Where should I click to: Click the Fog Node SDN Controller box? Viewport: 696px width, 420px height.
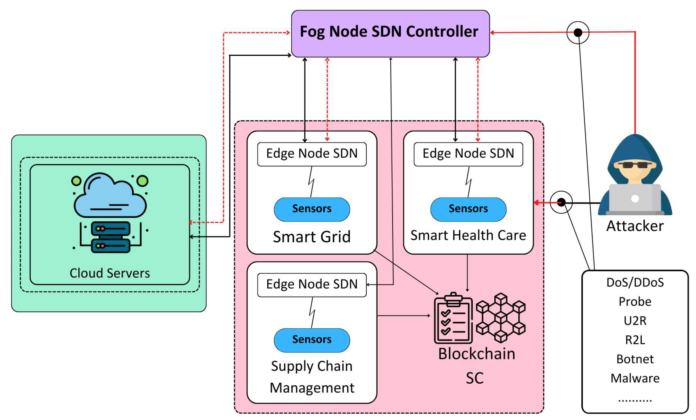pyautogui.click(x=390, y=33)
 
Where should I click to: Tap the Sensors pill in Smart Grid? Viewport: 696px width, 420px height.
pyautogui.click(x=312, y=209)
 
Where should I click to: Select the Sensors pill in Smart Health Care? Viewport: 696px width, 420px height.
pyautogui.click(x=468, y=209)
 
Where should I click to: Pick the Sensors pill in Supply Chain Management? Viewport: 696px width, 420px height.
pyautogui.click(x=312, y=340)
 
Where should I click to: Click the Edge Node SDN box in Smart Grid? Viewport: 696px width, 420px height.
pyautogui.click(x=312, y=154)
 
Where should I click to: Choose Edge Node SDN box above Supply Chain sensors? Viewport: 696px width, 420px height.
pyautogui.click(x=312, y=284)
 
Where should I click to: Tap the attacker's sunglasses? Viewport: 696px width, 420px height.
pyautogui.click(x=635, y=165)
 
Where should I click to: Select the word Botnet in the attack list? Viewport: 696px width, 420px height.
pyautogui.click(x=635, y=359)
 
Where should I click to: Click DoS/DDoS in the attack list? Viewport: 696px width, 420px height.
pyautogui.click(x=635, y=282)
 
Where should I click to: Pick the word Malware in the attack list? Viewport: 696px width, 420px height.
pyautogui.click(x=635, y=378)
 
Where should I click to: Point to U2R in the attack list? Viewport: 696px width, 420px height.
pyautogui.click(x=635, y=321)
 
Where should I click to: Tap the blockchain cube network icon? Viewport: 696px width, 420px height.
pyautogui.click(x=501, y=318)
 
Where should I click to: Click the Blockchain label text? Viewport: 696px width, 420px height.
pyautogui.click(x=476, y=354)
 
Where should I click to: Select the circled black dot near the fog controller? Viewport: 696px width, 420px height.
pyautogui.click(x=578, y=32)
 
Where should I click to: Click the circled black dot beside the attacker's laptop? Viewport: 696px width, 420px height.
pyautogui.click(x=561, y=202)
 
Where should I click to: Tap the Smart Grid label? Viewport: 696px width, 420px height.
pyautogui.click(x=312, y=236)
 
